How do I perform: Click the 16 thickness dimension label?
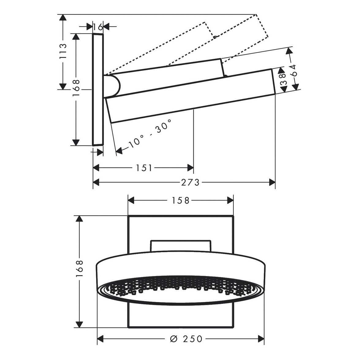tap(98, 27)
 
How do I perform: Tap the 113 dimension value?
tap(63, 51)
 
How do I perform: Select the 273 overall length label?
tap(190, 183)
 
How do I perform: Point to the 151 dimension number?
tap(144, 168)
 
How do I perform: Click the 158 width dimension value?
tap(180, 200)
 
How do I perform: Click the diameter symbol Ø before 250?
tap(174, 339)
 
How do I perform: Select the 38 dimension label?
tap(283, 79)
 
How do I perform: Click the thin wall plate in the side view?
tap(98, 89)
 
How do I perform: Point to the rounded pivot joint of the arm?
tap(115, 85)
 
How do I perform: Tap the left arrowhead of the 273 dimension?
tap(96, 183)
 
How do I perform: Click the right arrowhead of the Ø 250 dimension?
tap(261, 339)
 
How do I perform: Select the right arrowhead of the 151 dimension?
tap(191, 168)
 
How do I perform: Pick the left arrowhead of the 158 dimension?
tap(131, 200)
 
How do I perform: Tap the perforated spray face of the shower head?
tap(180, 290)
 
